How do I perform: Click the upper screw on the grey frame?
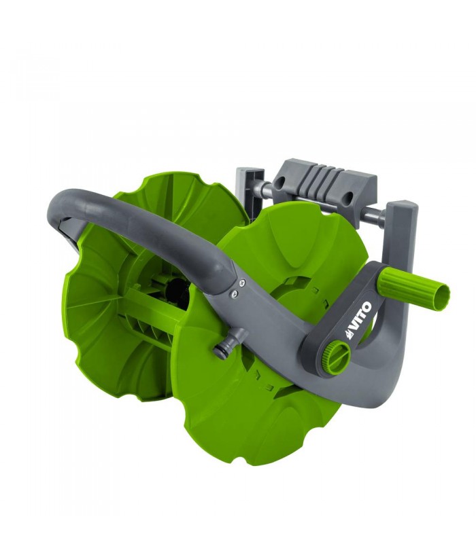pyautogui.click(x=241, y=283)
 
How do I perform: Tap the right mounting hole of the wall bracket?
pyautogui.click(x=349, y=196)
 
